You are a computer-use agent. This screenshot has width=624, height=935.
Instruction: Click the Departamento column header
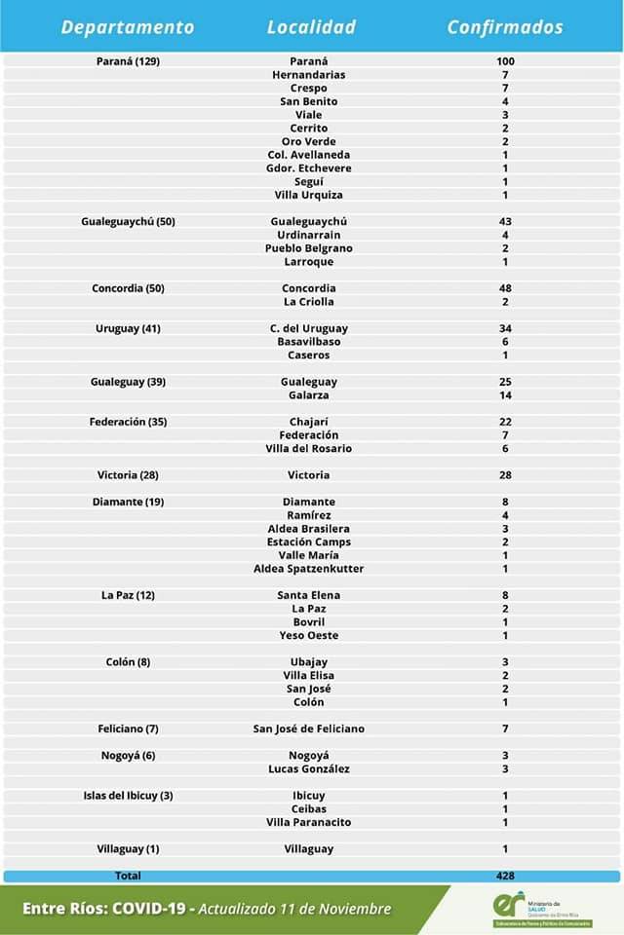coord(128,27)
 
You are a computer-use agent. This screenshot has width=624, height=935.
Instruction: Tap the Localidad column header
coord(311,27)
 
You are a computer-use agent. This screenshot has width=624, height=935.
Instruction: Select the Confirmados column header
coord(505,27)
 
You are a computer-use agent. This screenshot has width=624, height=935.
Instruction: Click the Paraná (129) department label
coord(128,61)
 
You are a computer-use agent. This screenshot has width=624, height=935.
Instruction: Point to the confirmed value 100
coord(505,61)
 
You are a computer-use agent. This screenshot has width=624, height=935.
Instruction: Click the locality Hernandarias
coord(309,75)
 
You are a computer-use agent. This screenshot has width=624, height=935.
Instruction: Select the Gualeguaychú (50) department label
coord(128,221)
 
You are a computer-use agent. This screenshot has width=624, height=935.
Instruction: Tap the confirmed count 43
coord(505,221)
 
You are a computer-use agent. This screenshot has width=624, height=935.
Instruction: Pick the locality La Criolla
coord(309,302)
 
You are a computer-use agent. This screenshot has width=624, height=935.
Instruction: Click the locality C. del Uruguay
coord(309,328)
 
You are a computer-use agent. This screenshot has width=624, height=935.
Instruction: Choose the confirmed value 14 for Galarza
coord(505,395)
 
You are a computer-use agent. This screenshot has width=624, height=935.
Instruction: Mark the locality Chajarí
coord(309,422)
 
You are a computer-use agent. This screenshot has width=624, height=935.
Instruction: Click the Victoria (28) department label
coord(128,475)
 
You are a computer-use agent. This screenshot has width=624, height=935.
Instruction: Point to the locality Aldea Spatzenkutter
coord(309,569)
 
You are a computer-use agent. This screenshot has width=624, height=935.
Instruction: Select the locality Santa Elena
coord(309,595)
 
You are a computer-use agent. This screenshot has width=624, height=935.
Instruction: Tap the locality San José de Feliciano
coord(309,729)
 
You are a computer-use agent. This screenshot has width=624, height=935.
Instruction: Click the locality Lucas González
coord(309,769)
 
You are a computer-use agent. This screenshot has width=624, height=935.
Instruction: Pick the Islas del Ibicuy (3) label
coord(128,796)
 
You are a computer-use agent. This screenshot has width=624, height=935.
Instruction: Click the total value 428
coord(505,876)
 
